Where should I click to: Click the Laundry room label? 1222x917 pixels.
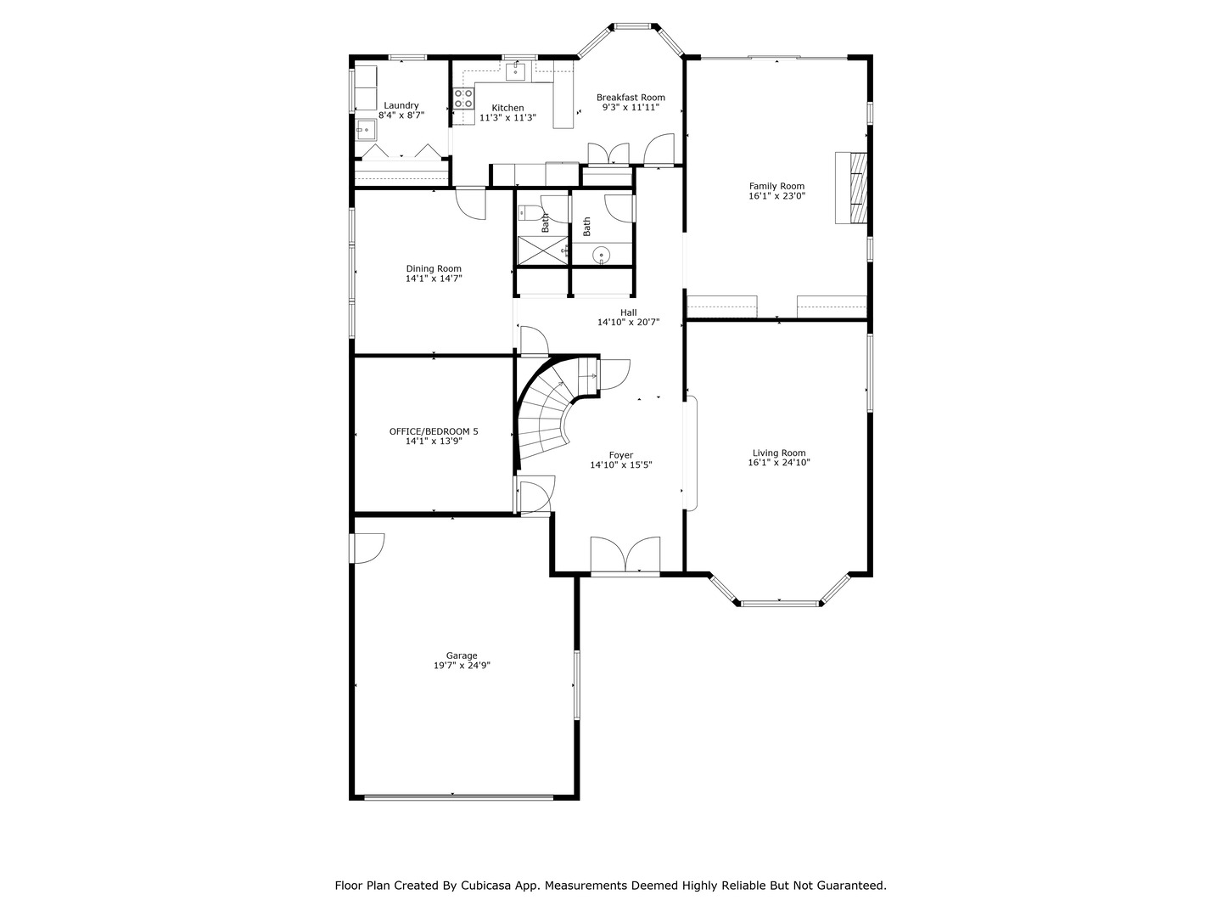401,105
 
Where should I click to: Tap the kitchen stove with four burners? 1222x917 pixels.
463,98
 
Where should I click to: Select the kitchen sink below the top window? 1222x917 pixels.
515,71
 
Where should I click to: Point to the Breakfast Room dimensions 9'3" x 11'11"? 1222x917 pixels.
631,108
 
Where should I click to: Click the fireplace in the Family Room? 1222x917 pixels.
853,187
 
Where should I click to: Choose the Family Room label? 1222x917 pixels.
776,186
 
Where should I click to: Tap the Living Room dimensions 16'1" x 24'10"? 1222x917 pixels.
778,463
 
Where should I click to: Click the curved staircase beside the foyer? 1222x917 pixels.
547,416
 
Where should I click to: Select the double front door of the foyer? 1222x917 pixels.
625,556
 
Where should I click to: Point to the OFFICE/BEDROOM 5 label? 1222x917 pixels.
434,431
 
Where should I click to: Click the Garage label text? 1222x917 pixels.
462,655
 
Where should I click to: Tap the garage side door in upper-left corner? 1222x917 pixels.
367,548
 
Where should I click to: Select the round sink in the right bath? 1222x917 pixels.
601,254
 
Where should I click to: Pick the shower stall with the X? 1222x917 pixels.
541,251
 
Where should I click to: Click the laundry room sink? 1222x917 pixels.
367,131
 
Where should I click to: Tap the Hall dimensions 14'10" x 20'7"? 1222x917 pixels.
628,323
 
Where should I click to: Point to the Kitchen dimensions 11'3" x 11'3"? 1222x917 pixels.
507,118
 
